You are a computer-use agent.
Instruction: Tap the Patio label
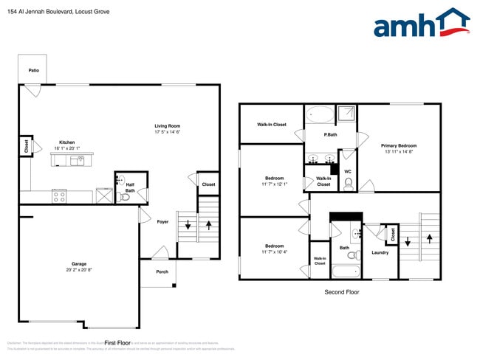(33, 71)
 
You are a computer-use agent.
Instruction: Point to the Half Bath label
(130, 188)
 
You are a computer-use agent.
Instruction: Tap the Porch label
(162, 271)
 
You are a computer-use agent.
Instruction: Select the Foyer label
(162, 221)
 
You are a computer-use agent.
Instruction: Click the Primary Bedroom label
(399, 146)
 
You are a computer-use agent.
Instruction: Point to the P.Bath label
(330, 135)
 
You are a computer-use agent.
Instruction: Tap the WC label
(347, 172)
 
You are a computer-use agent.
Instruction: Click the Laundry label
(380, 252)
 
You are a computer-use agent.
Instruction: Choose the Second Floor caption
(342, 292)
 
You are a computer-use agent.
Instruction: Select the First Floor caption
(117, 343)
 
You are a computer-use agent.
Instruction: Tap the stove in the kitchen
(59, 195)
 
